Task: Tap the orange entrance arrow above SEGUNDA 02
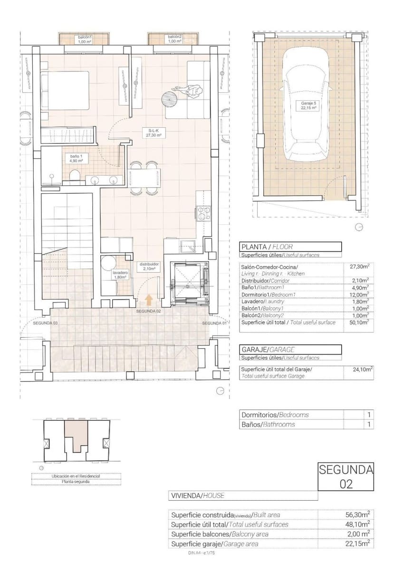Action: tap(149, 299)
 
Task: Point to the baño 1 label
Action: tap(77, 158)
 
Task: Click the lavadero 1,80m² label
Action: tap(119, 276)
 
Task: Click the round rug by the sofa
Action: tap(169, 98)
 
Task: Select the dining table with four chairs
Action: tap(144, 179)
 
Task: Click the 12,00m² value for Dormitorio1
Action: tap(359, 294)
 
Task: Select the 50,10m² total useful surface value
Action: tap(359, 322)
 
